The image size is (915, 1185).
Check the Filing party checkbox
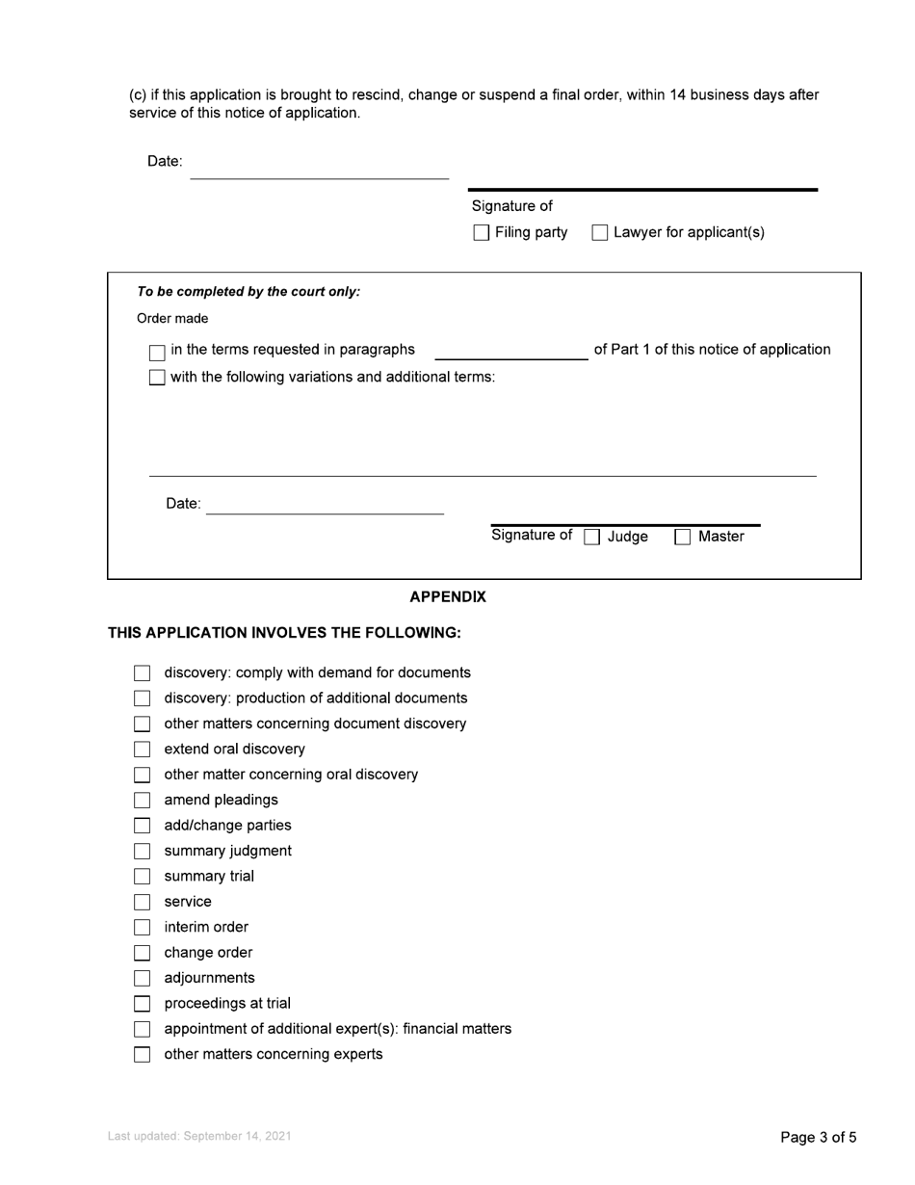click(482, 233)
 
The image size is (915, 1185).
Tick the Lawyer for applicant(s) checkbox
click(600, 233)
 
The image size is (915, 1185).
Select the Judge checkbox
click(593, 538)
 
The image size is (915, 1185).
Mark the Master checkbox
click(683, 538)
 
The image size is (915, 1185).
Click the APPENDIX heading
click(448, 597)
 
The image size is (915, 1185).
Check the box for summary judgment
click(143, 852)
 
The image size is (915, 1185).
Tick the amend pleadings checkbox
click(143, 801)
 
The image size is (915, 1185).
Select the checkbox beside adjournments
click(143, 979)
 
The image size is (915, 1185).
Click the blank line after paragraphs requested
click(511, 352)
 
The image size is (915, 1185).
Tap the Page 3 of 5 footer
click(818, 1138)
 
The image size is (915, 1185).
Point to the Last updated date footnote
click(199, 1137)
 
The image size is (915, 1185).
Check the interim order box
click(143, 928)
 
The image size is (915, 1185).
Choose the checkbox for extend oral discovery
click(143, 750)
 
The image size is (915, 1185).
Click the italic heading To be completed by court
click(248, 292)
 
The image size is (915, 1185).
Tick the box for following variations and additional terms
click(157, 378)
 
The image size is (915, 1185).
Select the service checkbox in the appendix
click(143, 903)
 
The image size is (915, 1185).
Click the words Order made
click(172, 319)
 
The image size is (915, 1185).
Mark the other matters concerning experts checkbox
click(143, 1055)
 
